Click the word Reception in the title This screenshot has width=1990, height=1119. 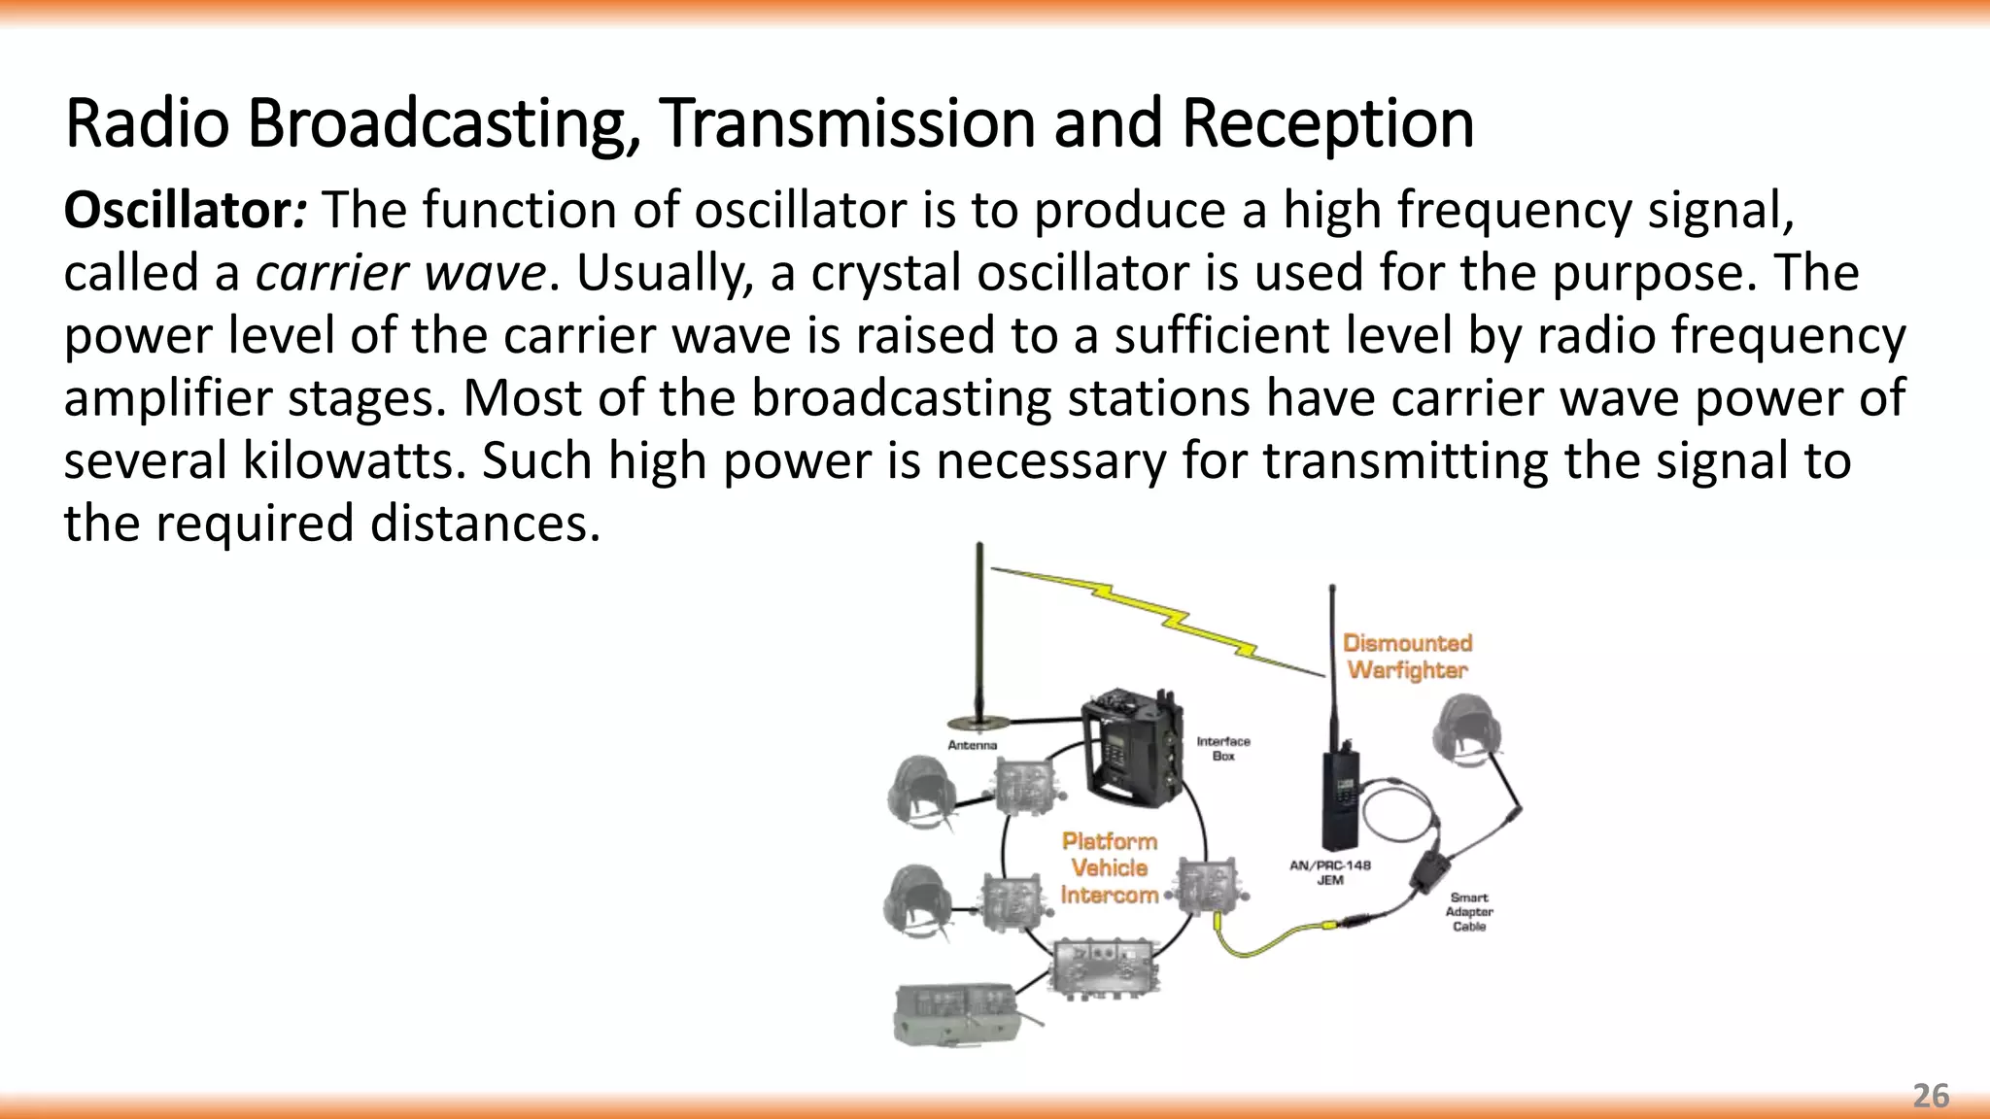click(x=1327, y=124)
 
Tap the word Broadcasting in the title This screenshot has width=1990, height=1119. click(x=442, y=124)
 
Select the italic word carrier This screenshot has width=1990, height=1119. click(x=330, y=274)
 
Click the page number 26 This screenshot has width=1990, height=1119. click(x=1930, y=1096)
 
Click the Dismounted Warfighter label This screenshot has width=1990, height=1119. click(x=1407, y=657)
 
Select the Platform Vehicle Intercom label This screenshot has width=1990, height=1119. click(x=1109, y=867)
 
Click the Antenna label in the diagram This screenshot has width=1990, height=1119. click(x=972, y=745)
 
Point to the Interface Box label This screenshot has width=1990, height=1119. click(x=1222, y=748)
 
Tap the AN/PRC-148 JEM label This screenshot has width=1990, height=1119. click(x=1329, y=872)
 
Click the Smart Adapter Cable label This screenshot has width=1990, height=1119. click(x=1468, y=912)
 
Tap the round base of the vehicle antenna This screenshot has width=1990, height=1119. click(x=978, y=722)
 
